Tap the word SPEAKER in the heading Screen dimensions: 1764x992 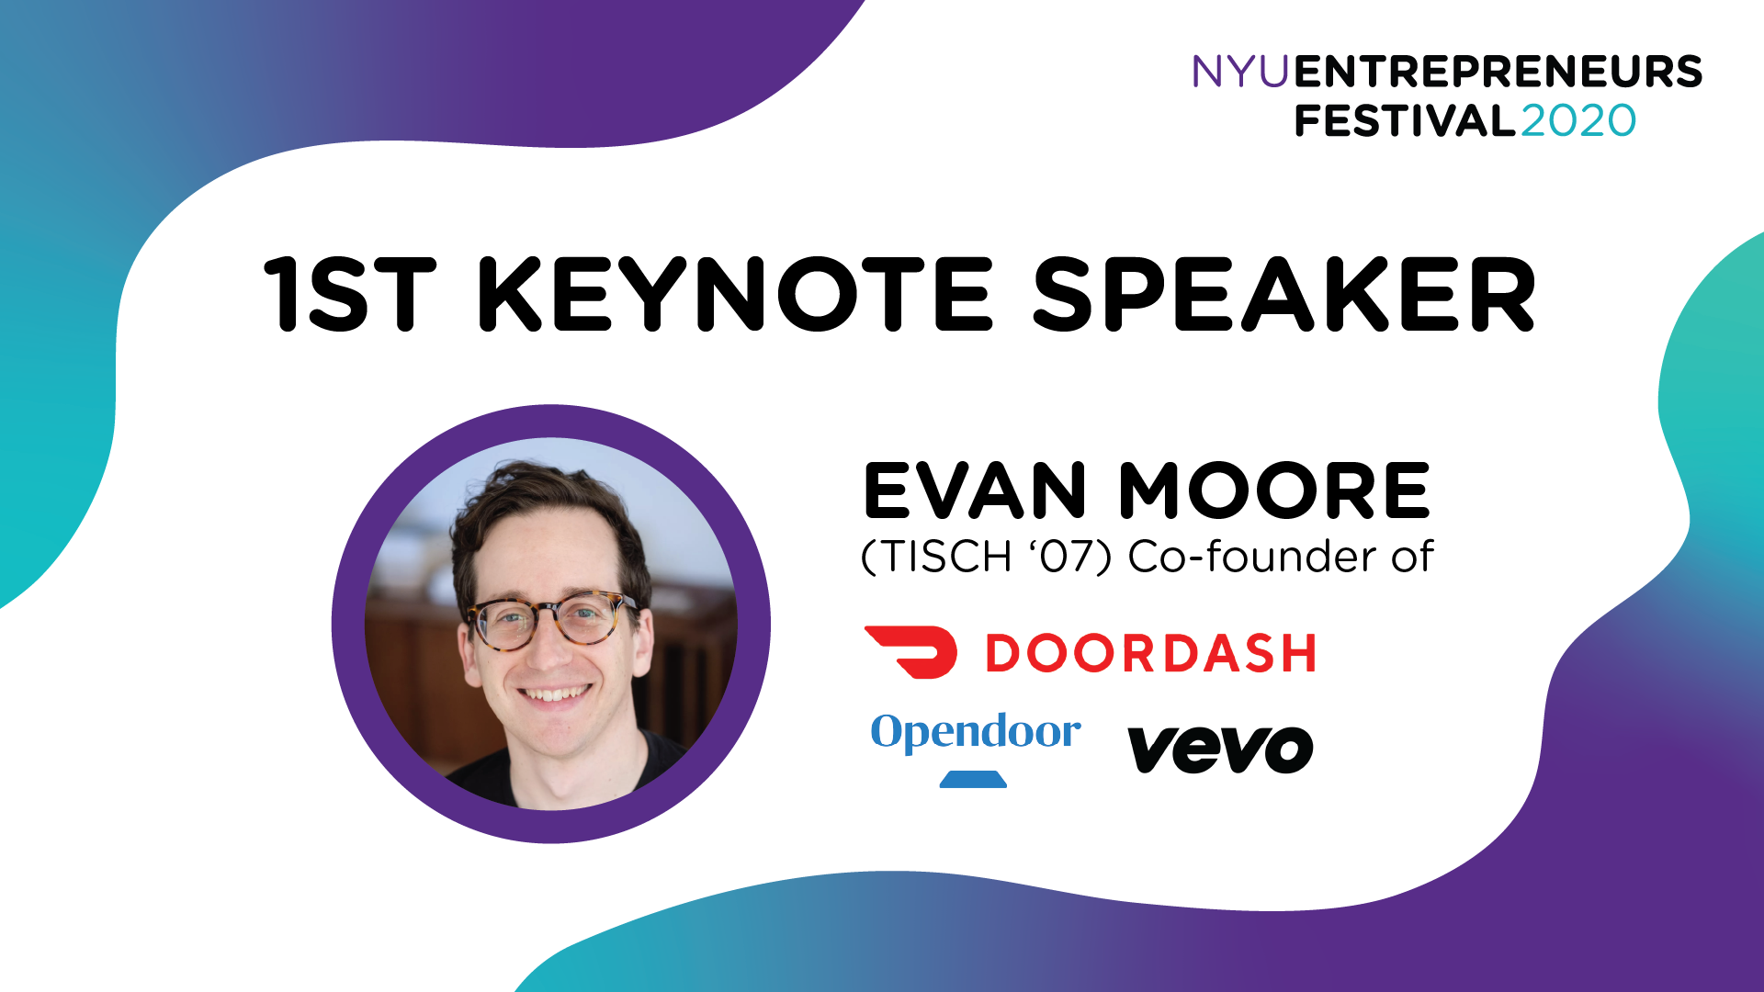1284,294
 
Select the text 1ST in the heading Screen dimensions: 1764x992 349,294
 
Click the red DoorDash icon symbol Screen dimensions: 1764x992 910,652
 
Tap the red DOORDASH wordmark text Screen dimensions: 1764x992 1150,653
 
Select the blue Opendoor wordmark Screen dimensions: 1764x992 976,733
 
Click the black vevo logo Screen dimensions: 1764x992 1220,750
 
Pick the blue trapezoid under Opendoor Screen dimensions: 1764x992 973,780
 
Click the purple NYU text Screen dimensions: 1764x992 1240,72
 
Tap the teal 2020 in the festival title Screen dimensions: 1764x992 1578,121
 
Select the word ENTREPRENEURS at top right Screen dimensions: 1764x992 1498,72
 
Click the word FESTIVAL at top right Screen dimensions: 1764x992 1405,121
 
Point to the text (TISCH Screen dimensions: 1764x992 936,557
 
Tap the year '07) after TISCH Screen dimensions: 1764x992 1071,557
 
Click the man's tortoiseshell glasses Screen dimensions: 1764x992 548,621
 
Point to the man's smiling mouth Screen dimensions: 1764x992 553,694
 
